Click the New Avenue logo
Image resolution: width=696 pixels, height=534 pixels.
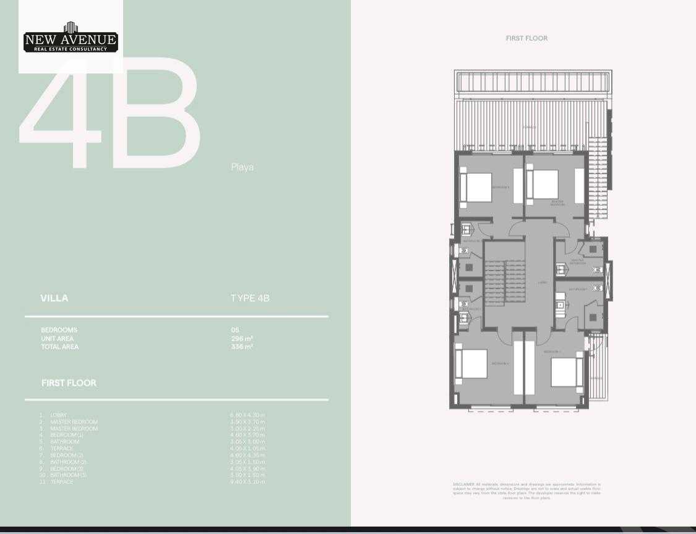pos(70,38)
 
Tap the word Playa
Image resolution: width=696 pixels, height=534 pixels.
pos(242,167)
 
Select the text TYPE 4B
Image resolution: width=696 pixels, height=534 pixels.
pos(250,298)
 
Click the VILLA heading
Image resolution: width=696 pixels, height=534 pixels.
pos(54,298)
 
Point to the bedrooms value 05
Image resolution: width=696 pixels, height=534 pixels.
pos(235,330)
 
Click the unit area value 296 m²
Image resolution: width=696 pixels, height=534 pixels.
pos(242,339)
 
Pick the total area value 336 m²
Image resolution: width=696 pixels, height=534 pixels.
pos(242,347)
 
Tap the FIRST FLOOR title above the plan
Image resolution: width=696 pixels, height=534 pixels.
pos(526,38)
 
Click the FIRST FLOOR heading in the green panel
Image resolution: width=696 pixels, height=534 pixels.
pos(69,383)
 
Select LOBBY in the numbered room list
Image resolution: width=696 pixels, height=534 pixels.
pos(58,415)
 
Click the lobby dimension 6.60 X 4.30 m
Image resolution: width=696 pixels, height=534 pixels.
pos(247,415)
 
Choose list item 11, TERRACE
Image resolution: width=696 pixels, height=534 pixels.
pos(61,481)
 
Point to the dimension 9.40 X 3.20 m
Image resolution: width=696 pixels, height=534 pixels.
pos(247,481)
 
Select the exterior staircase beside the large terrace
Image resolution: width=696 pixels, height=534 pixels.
pos(598,164)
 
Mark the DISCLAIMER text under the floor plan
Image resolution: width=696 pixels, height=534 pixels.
pos(526,491)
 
